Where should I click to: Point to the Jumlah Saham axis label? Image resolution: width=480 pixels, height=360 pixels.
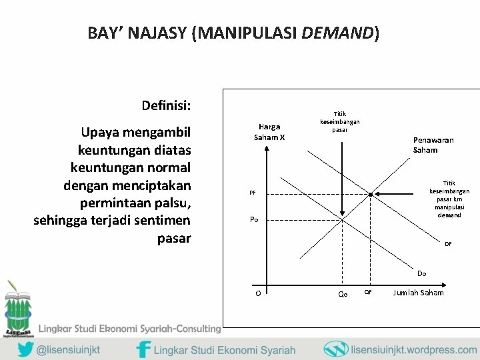click(x=419, y=293)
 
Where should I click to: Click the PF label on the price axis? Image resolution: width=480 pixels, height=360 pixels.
click(x=253, y=193)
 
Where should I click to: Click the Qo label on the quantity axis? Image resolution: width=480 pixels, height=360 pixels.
click(x=343, y=294)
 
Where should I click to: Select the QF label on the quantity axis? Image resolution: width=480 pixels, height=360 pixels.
click(x=368, y=293)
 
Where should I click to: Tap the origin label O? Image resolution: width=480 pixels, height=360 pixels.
click(x=257, y=294)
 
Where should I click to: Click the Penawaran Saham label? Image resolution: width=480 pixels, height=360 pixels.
click(x=435, y=145)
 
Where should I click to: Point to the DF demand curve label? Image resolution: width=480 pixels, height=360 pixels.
click(x=448, y=244)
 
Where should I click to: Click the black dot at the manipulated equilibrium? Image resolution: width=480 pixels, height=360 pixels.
click(x=371, y=194)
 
